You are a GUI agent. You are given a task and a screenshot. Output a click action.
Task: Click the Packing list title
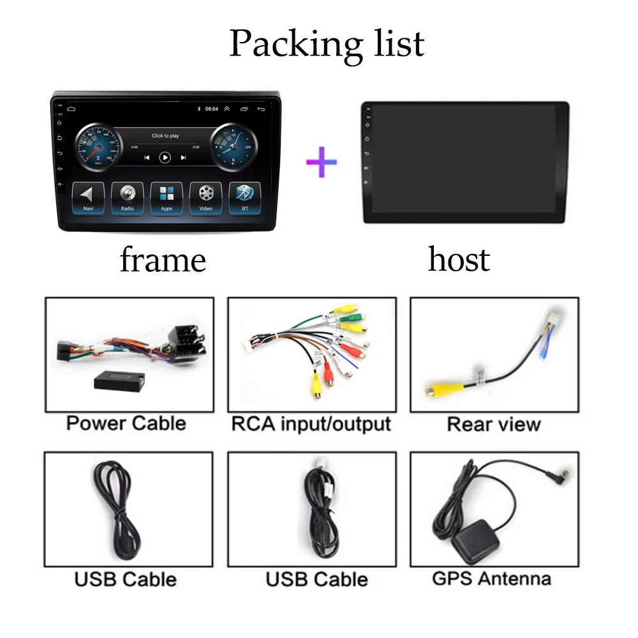[x=326, y=43]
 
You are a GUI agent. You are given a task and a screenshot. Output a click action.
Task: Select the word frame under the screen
[x=163, y=260]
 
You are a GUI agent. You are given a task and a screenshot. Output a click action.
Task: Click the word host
[x=459, y=259]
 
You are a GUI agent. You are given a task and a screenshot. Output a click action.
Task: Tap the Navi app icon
[x=88, y=197]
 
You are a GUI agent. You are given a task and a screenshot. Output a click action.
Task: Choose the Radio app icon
[x=127, y=197]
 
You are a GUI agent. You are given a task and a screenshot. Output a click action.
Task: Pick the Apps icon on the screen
[x=166, y=197]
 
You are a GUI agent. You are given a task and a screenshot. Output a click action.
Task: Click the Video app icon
[x=205, y=197]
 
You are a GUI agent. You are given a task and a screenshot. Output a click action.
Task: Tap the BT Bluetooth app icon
[x=245, y=197]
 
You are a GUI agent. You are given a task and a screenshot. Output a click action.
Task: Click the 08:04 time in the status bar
[x=211, y=109]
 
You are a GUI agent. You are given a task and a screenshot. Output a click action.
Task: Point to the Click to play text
[x=165, y=136]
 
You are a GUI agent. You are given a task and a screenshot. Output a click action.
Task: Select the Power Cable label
[x=126, y=423]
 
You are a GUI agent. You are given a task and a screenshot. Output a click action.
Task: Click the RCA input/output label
[x=311, y=424]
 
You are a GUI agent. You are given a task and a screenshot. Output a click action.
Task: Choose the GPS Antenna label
[x=492, y=579]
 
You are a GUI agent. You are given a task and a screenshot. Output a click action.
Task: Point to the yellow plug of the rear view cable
[x=436, y=388]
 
